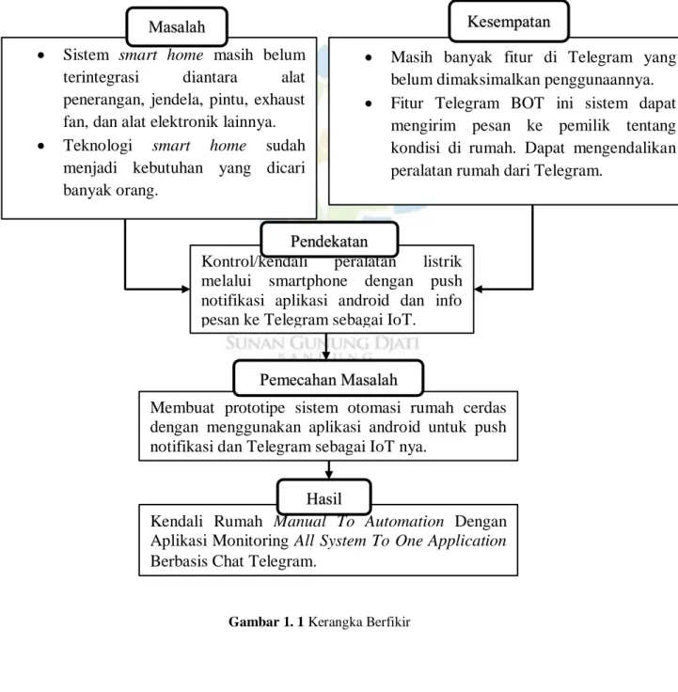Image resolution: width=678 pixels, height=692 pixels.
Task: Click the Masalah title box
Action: (x=177, y=26)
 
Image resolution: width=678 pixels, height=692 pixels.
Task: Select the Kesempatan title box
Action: (x=509, y=22)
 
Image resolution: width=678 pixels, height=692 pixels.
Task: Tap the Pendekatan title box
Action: (x=329, y=240)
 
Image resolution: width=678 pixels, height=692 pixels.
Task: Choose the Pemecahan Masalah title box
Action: (x=328, y=378)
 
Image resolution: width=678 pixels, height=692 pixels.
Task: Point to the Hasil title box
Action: (x=324, y=497)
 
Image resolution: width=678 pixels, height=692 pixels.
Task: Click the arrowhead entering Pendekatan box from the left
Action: (x=186, y=289)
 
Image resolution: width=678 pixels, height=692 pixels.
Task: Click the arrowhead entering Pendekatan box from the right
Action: (x=478, y=289)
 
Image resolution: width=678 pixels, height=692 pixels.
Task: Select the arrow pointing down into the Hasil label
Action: (x=328, y=470)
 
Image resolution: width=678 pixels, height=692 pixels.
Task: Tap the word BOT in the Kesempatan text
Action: (x=527, y=102)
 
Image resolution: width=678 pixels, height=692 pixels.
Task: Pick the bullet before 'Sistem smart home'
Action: (x=41, y=55)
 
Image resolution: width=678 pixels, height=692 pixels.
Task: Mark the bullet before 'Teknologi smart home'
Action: (x=41, y=146)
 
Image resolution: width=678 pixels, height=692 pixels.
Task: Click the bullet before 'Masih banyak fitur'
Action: (x=369, y=57)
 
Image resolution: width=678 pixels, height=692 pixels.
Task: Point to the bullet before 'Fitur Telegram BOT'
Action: (x=369, y=103)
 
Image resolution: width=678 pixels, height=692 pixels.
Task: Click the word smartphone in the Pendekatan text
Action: (x=307, y=281)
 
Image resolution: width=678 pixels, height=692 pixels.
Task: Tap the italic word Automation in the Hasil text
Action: (x=404, y=521)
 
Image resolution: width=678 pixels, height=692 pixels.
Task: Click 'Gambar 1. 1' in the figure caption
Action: (x=266, y=621)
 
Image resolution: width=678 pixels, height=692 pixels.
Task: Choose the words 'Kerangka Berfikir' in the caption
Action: (x=359, y=621)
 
